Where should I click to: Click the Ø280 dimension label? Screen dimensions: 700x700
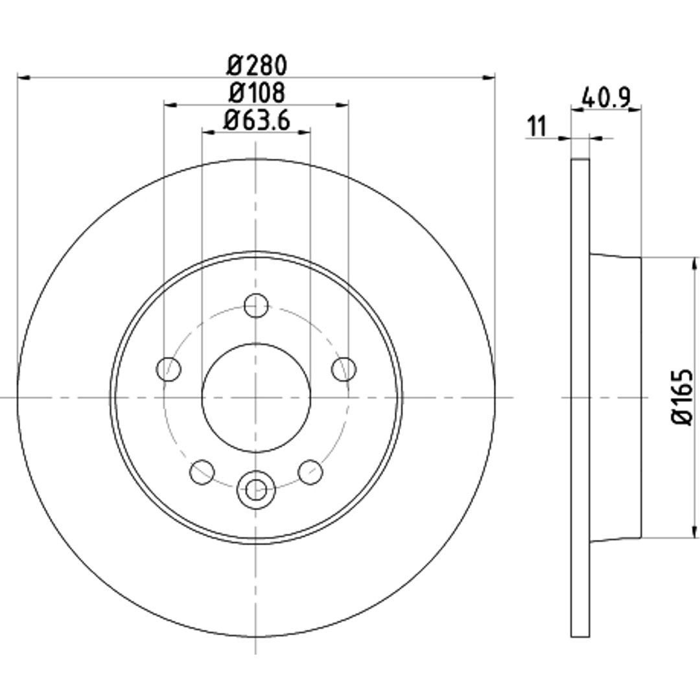[256, 65]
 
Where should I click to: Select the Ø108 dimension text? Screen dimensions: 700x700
[256, 93]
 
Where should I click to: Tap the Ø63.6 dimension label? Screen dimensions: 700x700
[256, 120]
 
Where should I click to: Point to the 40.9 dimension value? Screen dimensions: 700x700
[607, 98]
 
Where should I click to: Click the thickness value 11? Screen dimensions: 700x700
[537, 127]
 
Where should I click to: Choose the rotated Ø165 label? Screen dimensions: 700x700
[682, 397]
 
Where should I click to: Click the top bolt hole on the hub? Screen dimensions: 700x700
[256, 305]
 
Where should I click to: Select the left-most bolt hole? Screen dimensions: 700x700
[169, 369]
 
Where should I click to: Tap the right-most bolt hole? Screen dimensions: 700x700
[344, 369]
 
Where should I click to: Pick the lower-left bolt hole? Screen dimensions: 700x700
[202, 472]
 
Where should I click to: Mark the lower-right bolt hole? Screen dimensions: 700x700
[310, 472]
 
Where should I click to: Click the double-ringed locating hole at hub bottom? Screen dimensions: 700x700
[256, 490]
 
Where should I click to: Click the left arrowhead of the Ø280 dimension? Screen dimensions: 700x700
[23, 78]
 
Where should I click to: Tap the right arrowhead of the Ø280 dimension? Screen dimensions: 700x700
[489, 78]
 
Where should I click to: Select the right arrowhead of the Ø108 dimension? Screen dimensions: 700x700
[342, 105]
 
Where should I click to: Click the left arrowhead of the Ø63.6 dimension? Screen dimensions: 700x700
[208, 132]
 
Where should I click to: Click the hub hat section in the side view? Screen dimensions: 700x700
[616, 397]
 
